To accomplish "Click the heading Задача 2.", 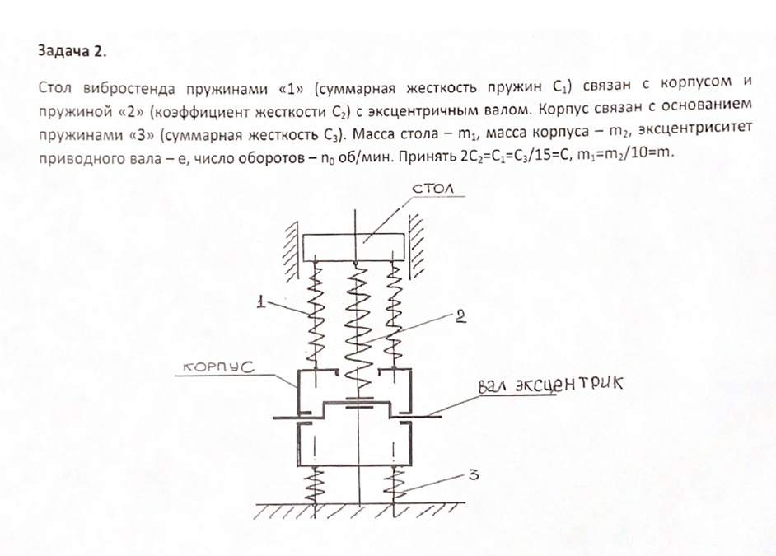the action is [x=72, y=51].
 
